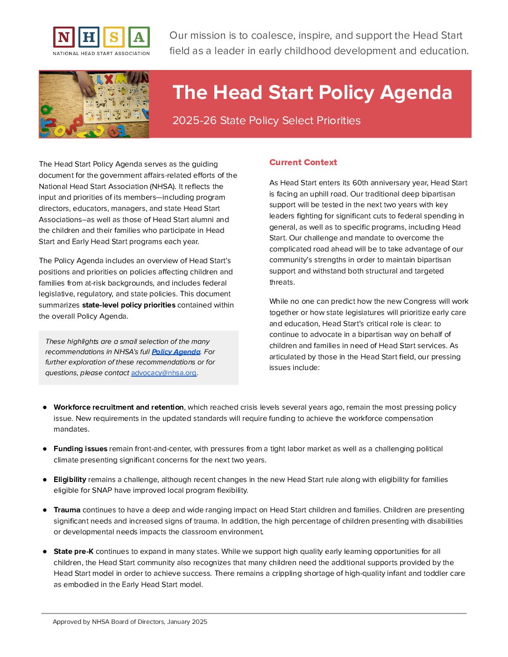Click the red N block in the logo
(64, 37)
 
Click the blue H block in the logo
(89, 37)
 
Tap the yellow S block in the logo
(114, 37)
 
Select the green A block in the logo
(139, 37)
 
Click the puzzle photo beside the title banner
(94, 105)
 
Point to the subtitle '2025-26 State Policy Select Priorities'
(266, 120)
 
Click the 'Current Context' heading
(303, 162)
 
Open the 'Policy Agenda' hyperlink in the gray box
(176, 352)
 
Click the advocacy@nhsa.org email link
(163, 373)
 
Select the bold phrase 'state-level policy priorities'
(128, 305)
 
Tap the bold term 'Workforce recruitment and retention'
(119, 407)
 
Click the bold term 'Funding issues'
(80, 449)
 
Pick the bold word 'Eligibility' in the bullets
(70, 480)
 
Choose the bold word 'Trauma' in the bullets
(67, 510)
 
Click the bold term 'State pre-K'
(73, 552)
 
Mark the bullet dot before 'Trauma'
(45, 510)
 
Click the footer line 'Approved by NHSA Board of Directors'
(130, 622)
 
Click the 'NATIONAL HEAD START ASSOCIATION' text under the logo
(101, 54)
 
